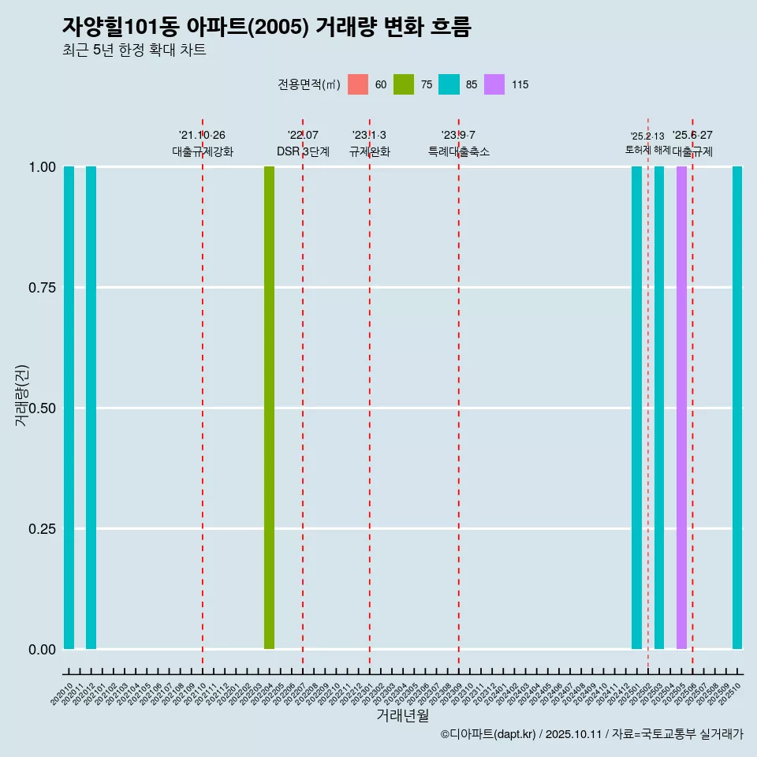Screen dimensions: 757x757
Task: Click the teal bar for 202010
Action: (69, 408)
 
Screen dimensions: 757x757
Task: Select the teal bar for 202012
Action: (91, 408)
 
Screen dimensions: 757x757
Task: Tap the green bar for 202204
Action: (269, 408)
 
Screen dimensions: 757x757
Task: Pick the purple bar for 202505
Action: (681, 408)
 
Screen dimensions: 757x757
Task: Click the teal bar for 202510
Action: (737, 408)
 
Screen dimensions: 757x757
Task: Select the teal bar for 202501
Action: (636, 408)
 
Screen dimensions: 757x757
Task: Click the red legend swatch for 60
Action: (358, 84)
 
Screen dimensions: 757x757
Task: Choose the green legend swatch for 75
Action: (404, 84)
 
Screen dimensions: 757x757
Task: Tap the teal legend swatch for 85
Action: (449, 84)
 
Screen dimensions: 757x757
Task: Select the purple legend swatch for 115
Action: (494, 84)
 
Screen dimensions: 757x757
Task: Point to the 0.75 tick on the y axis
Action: (42, 288)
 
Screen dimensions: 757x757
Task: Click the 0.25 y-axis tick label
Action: (42, 529)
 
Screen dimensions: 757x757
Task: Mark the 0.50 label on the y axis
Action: (42, 408)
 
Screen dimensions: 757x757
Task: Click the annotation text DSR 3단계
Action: (303, 151)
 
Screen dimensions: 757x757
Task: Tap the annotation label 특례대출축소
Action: (459, 151)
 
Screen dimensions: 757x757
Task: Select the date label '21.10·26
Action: (202, 136)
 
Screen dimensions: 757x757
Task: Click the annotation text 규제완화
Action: (370, 151)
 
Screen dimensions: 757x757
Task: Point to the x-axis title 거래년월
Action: (402, 715)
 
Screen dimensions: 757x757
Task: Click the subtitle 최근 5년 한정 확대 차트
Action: (134, 50)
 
